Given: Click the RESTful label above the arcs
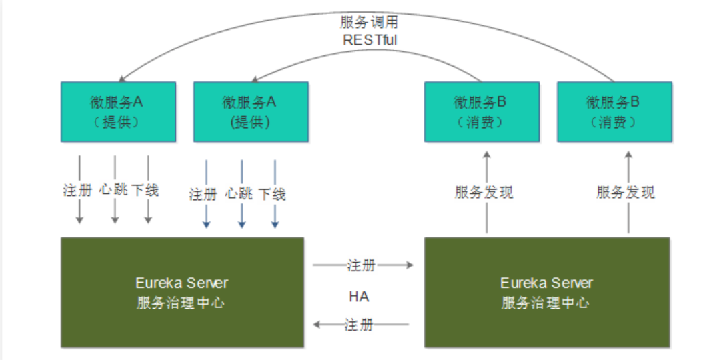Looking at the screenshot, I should pyautogui.click(x=370, y=39).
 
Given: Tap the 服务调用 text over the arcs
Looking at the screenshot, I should pyautogui.click(x=370, y=22).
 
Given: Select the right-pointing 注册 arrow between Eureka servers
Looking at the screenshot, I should pyautogui.click(x=394, y=265).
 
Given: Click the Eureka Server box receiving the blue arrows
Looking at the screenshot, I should pyautogui.click(x=182, y=292).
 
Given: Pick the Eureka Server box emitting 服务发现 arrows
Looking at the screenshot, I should pyautogui.click(x=546, y=292).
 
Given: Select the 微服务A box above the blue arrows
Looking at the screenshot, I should pyautogui.click(x=251, y=111).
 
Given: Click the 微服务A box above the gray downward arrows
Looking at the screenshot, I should pyautogui.click(x=118, y=111).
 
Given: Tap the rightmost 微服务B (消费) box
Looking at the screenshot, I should pyautogui.click(x=614, y=111).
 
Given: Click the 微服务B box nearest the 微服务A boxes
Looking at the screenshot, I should pyautogui.click(x=482, y=111).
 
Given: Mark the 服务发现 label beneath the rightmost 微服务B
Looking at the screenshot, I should pyautogui.click(x=626, y=193).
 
